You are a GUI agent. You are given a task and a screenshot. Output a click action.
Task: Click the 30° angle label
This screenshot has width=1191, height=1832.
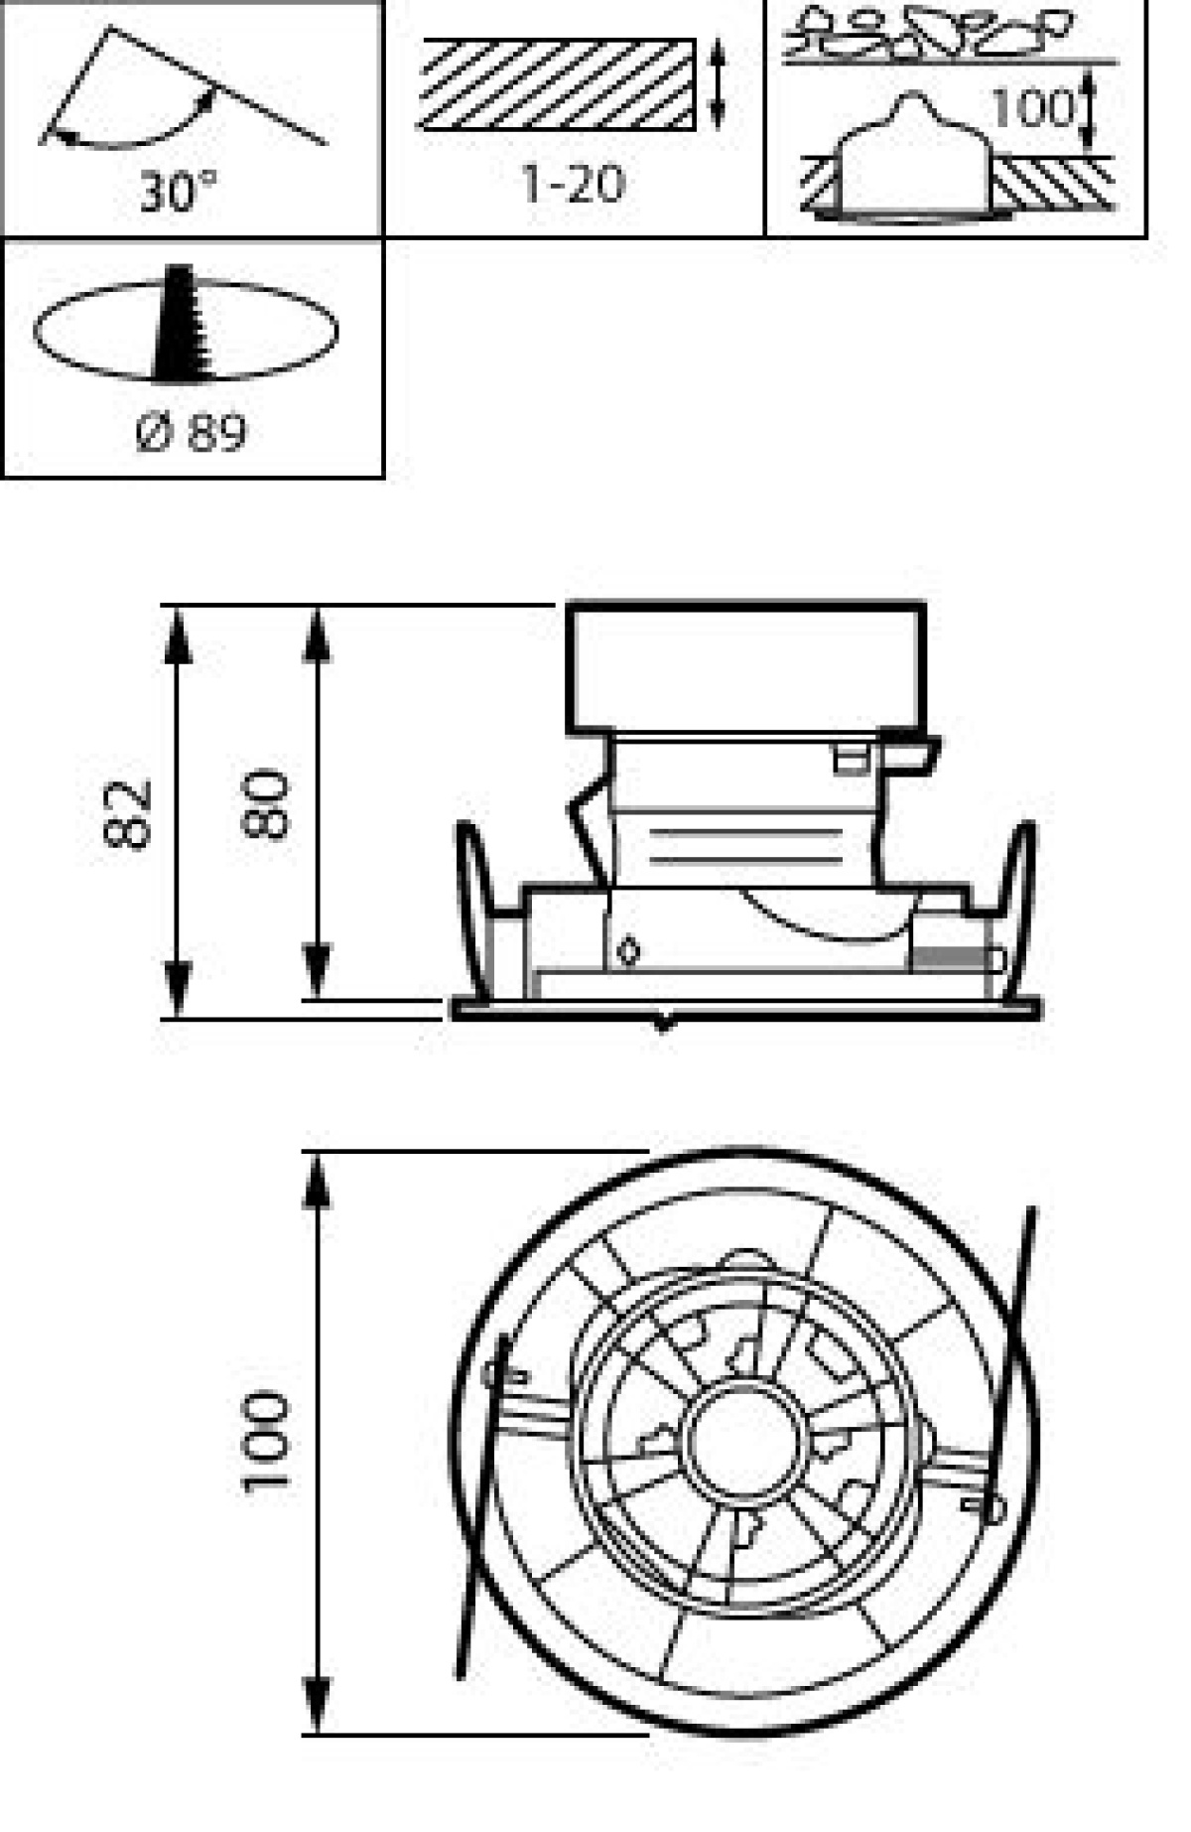pyautogui.click(x=178, y=191)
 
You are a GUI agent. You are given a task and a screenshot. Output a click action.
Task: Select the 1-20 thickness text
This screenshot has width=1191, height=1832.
pyautogui.click(x=574, y=184)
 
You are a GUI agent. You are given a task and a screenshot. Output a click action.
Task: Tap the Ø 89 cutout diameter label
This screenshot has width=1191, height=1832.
pyautogui.click(x=191, y=433)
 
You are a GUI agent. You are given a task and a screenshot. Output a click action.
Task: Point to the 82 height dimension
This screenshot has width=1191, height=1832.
pyautogui.click(x=128, y=814)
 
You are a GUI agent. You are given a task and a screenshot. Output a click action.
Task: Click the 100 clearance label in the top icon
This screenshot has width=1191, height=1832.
pyautogui.click(x=1032, y=107)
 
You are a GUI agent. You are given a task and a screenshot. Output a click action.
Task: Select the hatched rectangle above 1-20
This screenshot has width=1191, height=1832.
pyautogui.click(x=557, y=84)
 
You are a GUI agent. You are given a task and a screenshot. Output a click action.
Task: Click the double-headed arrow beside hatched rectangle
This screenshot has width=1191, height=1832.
pyautogui.click(x=720, y=84)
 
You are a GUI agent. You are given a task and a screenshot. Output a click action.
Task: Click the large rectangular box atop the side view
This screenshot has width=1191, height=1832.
pyautogui.click(x=746, y=668)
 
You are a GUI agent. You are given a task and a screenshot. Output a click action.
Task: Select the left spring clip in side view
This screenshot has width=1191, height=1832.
pyautogui.click(x=474, y=909)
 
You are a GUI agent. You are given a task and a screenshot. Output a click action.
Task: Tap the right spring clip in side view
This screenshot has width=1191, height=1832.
pyautogui.click(x=1018, y=909)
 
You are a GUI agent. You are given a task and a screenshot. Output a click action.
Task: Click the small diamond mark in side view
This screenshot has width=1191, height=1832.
pyautogui.click(x=627, y=950)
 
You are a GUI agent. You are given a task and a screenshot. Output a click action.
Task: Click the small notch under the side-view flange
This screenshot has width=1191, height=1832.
pyautogui.click(x=662, y=1026)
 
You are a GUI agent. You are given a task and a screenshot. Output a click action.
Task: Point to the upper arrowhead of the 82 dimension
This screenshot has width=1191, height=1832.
pyautogui.click(x=177, y=634)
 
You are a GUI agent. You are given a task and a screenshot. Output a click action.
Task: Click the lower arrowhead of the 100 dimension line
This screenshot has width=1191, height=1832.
pyautogui.click(x=317, y=1707)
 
